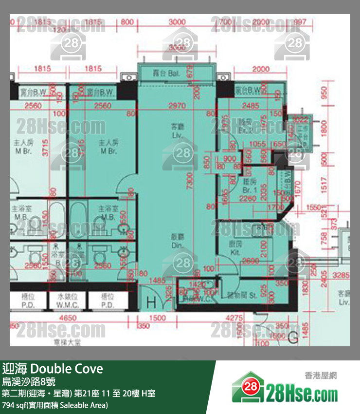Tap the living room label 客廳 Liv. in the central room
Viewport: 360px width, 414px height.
(x=177, y=131)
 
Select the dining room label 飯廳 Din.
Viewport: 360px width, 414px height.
(x=177, y=241)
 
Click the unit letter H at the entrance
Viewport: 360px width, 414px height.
(x=151, y=302)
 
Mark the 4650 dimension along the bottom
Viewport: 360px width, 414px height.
(x=68, y=318)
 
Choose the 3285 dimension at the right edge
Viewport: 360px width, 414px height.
(x=340, y=275)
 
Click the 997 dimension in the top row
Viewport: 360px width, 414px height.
(x=300, y=21)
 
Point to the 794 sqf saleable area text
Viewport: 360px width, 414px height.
(x=55, y=405)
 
